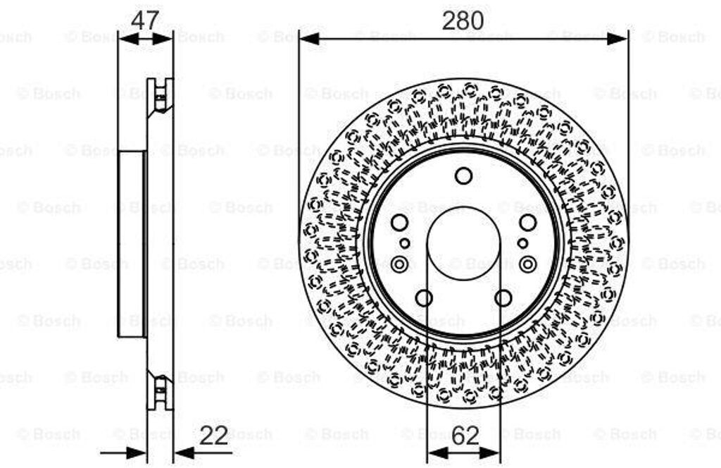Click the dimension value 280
[463, 20]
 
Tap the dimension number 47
[145, 20]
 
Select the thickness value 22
[214, 436]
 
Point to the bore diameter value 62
[465, 436]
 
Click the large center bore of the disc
[463, 242]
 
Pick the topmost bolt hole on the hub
[463, 175]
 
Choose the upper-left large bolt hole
[400, 223]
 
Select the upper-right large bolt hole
[528, 223]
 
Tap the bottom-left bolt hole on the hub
[424, 297]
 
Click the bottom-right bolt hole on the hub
[503, 297]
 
